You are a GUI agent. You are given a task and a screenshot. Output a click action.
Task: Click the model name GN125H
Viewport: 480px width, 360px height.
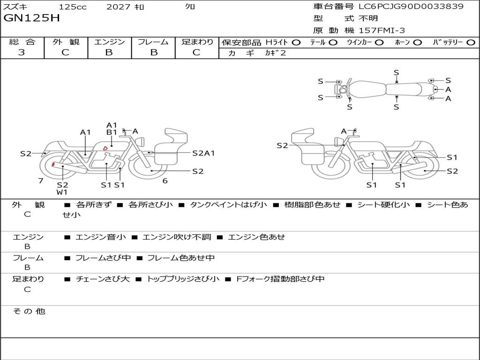click(31, 18)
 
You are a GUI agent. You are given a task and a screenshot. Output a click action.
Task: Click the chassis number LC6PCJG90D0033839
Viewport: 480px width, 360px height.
click(411, 7)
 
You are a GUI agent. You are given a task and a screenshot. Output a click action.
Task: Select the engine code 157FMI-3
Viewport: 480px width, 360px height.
click(382, 30)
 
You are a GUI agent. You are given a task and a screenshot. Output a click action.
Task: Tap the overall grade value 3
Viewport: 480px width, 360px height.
click(22, 52)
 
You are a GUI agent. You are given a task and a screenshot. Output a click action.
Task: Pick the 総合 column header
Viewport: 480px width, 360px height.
click(22, 42)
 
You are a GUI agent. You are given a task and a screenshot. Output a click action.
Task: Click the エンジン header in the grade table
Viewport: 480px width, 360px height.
click(109, 42)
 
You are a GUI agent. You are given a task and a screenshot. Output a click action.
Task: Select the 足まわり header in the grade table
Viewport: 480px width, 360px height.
click(197, 42)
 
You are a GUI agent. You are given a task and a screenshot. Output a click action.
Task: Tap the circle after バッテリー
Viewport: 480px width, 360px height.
click(471, 43)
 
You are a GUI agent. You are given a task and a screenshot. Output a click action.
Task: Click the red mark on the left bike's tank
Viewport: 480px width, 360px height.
click(105, 148)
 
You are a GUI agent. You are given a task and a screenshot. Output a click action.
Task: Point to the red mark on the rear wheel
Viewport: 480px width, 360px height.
click(53, 165)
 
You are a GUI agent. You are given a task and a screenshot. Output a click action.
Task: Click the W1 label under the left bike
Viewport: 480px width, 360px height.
click(62, 192)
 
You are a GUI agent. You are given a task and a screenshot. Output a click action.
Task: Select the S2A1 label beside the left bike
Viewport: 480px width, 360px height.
click(203, 153)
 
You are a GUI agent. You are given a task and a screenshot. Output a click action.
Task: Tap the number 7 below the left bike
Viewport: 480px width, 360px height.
click(41, 180)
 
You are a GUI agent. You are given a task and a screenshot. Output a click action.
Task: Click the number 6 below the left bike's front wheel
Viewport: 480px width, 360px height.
click(165, 180)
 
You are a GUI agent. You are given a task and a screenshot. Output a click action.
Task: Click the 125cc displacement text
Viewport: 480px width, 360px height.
click(73, 7)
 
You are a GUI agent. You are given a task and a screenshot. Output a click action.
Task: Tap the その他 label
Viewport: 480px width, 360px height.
click(29, 311)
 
